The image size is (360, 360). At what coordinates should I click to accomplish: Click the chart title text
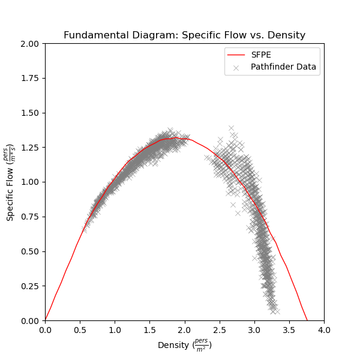coord(184,35)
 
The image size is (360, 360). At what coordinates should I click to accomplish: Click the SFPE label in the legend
coord(261,55)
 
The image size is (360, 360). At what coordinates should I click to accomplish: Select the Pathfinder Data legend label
coord(283,67)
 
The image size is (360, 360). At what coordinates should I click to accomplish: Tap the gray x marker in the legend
coord(236,67)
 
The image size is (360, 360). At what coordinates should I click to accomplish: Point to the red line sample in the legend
coord(236,55)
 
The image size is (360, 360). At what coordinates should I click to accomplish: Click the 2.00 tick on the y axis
coord(30,44)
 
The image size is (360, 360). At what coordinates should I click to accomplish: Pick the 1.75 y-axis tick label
coord(30,79)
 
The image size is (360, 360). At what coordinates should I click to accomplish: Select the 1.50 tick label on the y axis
coord(30,113)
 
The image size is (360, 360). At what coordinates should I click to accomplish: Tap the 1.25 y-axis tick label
coord(30,148)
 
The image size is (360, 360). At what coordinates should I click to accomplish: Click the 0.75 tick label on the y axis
coord(30,217)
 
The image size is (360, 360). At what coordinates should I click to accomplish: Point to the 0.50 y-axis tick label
coord(30,251)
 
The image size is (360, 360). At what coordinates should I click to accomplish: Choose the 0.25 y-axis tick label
coord(30,286)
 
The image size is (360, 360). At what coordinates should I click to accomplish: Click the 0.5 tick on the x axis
coord(80,330)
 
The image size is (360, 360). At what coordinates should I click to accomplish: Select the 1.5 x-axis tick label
coord(149,330)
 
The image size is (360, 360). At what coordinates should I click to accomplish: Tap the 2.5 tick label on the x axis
coord(219,330)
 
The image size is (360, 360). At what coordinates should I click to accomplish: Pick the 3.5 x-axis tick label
coord(289,330)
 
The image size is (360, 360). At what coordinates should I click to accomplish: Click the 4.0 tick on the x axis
coord(324,330)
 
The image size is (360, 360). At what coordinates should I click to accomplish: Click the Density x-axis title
coord(184,346)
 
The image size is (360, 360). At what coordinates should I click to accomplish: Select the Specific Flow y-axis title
coord(11,182)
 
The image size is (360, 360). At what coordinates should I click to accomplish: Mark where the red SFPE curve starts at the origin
coord(46,320)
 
